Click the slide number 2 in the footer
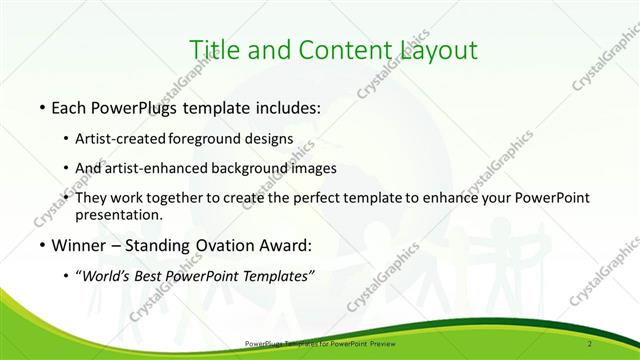pyautogui.click(x=592, y=344)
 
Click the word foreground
pyautogui.click(x=206, y=139)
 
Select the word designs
pyautogui.click(x=268, y=139)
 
